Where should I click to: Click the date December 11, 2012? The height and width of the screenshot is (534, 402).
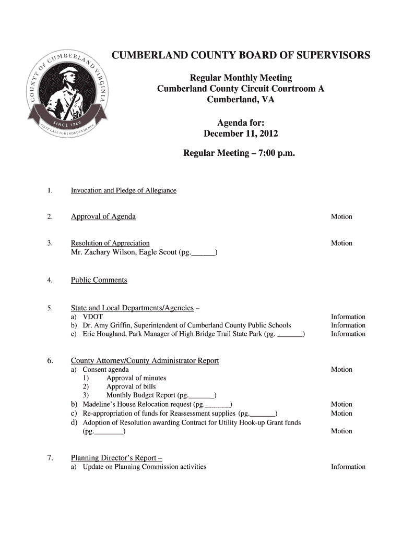pos(241,133)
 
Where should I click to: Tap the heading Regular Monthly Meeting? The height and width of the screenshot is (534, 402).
pos(241,78)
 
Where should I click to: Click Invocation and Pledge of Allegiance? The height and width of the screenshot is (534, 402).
pos(124,190)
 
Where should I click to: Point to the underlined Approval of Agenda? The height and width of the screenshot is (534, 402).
pos(103,216)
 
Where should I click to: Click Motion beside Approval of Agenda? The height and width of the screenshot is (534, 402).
pos(341,216)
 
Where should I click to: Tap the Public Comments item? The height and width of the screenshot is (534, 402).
pos(99,280)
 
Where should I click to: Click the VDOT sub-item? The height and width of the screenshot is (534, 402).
pos(93,317)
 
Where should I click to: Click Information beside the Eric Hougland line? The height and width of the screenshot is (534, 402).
pos(348,334)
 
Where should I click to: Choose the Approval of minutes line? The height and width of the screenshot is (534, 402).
pos(136,378)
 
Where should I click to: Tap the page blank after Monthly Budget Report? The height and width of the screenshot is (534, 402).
pos(203,395)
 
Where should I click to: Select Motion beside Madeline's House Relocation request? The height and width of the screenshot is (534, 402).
pos(341,404)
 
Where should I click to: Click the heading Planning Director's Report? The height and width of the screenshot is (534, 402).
pos(117,458)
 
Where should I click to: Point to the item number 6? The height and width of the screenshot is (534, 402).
pos(49,361)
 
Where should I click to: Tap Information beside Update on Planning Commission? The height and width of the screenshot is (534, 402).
pos(348,467)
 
